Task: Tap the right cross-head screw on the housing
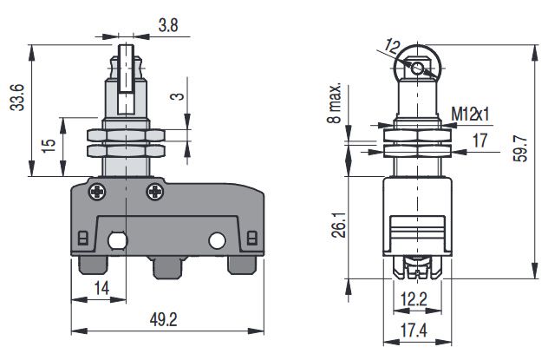tap(155, 190)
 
